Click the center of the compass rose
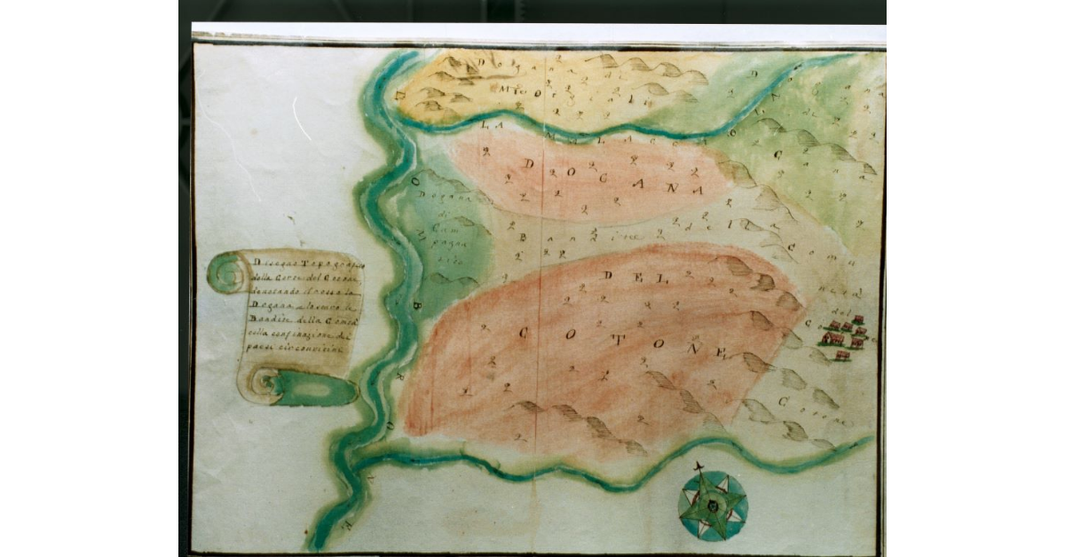(713, 506)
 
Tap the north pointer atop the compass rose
(701, 467)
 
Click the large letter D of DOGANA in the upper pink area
(530, 165)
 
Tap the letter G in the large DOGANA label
(611, 178)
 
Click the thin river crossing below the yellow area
(577, 134)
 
